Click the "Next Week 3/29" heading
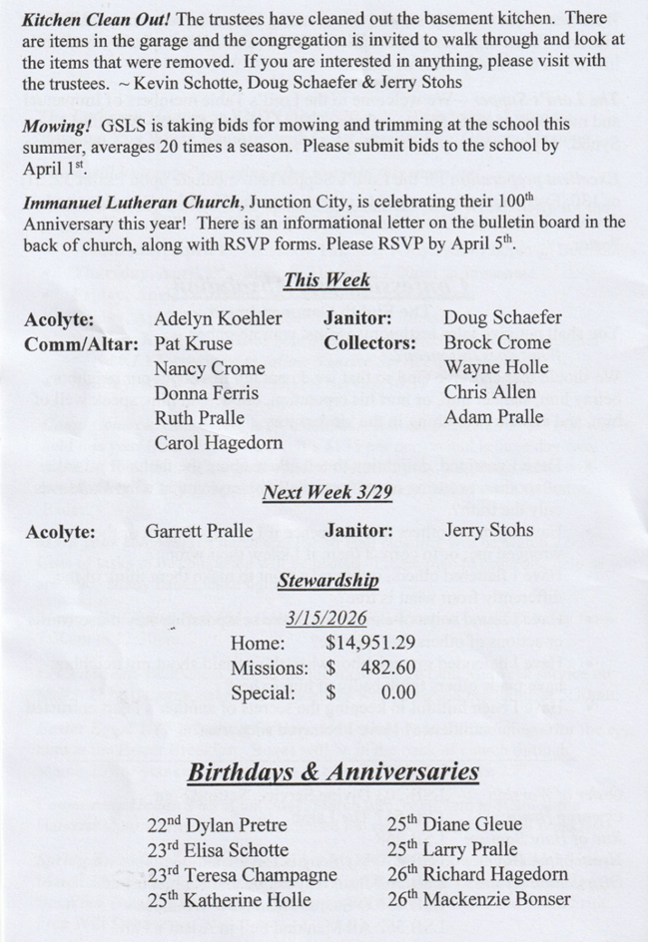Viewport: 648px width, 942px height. [325, 491]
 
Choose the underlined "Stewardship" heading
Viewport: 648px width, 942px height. [327, 580]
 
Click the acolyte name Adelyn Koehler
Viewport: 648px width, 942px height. [218, 319]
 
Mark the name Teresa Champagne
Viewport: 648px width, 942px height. [231, 875]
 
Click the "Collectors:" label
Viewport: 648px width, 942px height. [369, 343]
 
